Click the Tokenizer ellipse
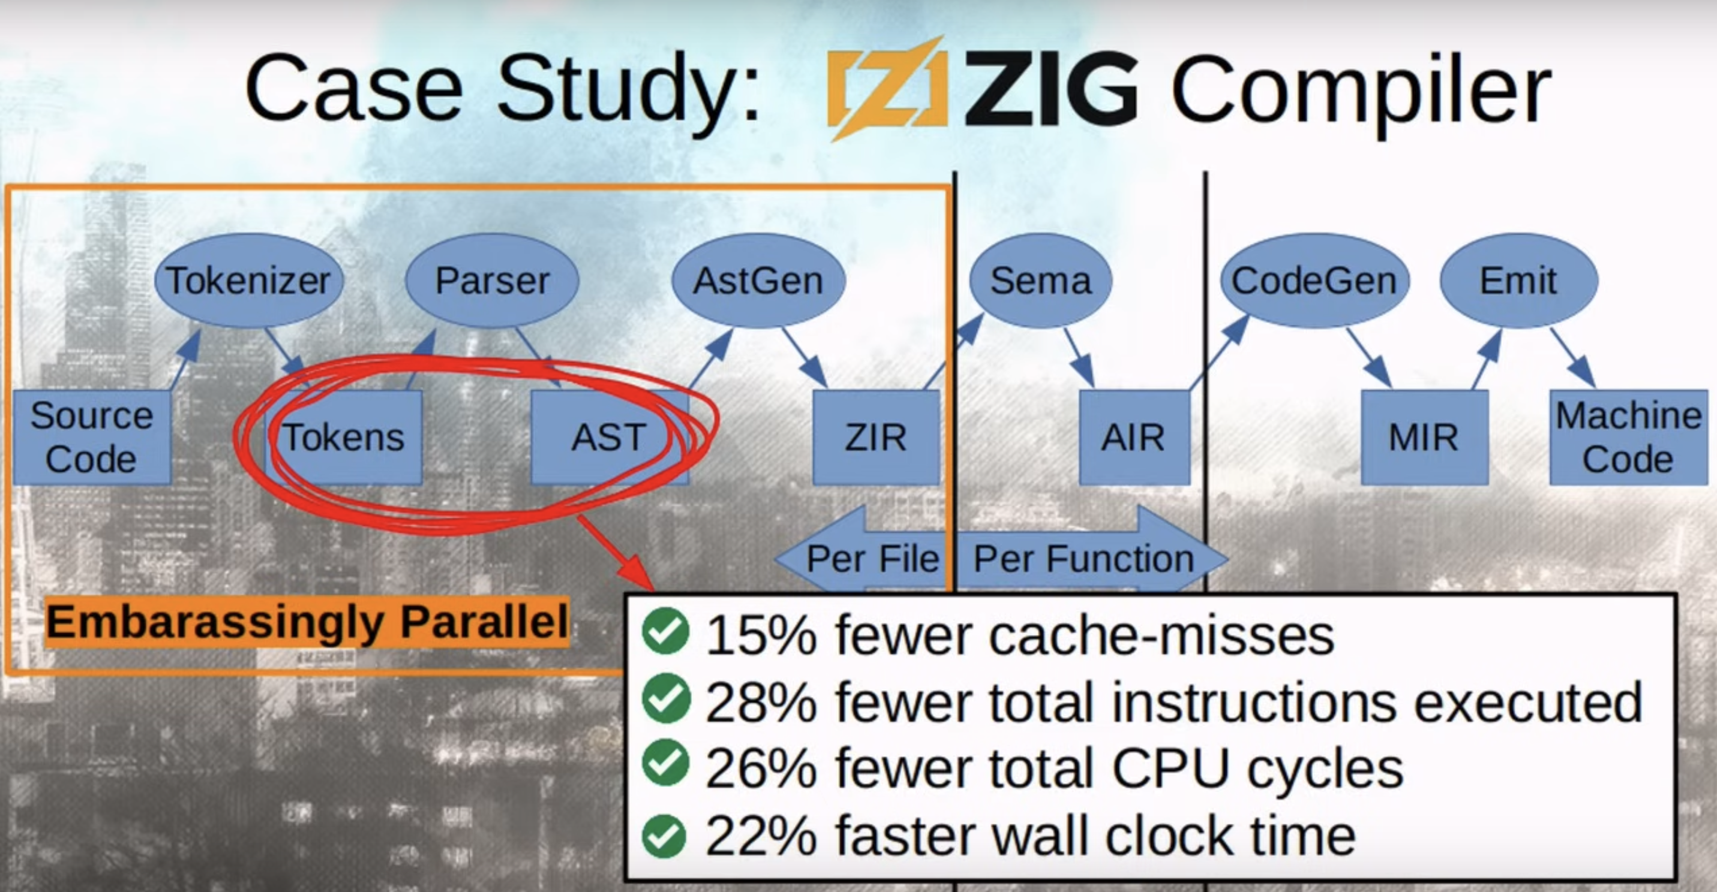point(248,281)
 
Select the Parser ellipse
point(492,281)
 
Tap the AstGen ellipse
point(758,281)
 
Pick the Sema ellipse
point(1040,281)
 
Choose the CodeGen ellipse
point(1314,281)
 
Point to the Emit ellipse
point(1518,281)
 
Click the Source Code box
point(92,438)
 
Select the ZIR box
point(876,438)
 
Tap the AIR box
point(1134,438)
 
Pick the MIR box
point(1424,438)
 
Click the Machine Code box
point(1628,438)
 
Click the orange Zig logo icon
point(887,89)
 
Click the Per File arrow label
point(872,558)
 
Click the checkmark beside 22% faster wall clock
point(665,836)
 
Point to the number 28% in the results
point(761,703)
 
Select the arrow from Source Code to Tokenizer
point(185,360)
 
